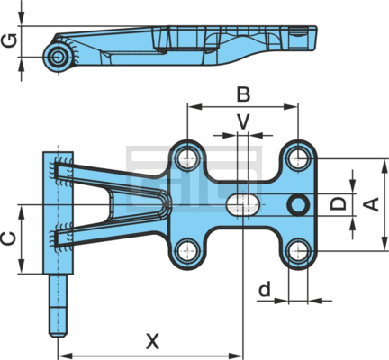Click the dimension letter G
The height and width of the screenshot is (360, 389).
click(9, 41)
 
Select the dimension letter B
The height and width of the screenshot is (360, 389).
click(243, 94)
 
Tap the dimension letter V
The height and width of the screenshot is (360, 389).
click(243, 121)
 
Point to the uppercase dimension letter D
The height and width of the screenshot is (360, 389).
click(339, 203)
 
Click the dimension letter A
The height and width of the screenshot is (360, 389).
click(371, 204)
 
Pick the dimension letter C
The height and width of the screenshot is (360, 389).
click(9, 238)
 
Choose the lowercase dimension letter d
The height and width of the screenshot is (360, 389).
click(265, 289)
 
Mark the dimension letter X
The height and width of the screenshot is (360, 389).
click(152, 341)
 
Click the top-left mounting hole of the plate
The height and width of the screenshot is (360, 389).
click(187, 157)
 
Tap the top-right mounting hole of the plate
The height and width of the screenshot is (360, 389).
click(297, 157)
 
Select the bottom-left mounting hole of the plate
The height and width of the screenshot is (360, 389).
click(187, 251)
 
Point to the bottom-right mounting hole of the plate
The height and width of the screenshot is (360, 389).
click(297, 251)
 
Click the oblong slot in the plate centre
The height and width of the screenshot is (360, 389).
click(242, 204)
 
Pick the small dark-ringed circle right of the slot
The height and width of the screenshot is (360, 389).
click(298, 204)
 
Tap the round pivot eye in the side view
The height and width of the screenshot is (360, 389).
click(58, 57)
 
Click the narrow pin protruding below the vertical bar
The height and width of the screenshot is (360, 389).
click(58, 305)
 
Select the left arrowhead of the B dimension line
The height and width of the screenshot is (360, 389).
click(194, 106)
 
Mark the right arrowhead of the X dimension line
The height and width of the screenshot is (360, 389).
click(235, 356)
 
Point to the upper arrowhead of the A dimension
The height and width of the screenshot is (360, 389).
click(384, 166)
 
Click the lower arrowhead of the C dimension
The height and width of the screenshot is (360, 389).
click(21, 266)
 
